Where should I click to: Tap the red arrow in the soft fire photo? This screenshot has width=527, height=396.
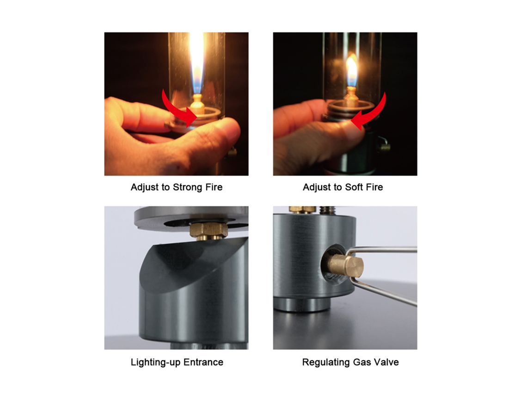[370, 113]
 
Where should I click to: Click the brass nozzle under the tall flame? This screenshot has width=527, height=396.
[197, 104]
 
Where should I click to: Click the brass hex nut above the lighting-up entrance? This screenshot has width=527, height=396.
[209, 230]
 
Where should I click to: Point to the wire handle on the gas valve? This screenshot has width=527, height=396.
[383, 270]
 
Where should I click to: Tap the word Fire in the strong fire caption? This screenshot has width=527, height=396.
[214, 187]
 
